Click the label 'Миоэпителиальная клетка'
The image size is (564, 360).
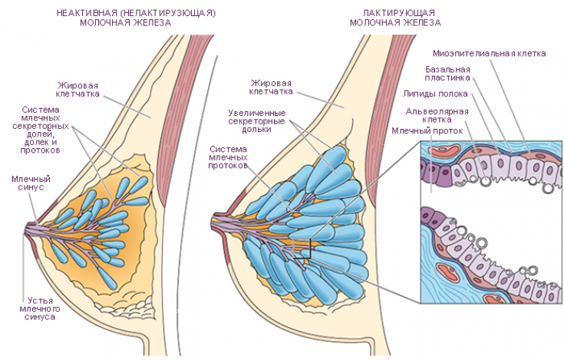tap(489, 54)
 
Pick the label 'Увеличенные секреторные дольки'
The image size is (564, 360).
tap(256, 121)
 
